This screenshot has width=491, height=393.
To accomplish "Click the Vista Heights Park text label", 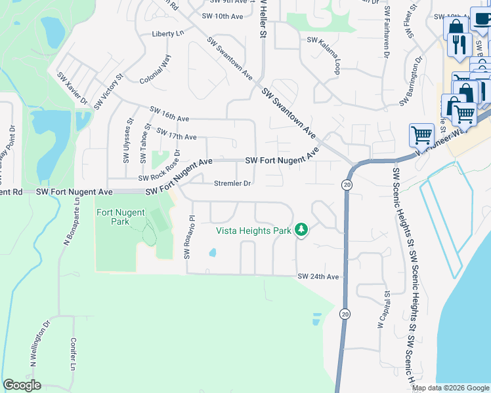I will pyautogui.click(x=253, y=230).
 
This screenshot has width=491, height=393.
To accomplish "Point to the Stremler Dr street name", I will pyautogui.click(x=232, y=184).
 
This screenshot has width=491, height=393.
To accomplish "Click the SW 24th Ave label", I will pyautogui.click(x=318, y=277).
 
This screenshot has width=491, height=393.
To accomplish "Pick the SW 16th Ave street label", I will pyautogui.click(x=169, y=113).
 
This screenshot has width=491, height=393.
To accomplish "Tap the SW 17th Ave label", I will pyautogui.click(x=177, y=133).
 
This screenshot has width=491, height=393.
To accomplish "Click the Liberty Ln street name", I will pyautogui.click(x=167, y=33).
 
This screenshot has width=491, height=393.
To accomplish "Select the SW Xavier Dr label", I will pyautogui.click(x=72, y=88).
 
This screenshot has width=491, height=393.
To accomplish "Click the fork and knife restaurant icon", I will pyautogui.click(x=457, y=45).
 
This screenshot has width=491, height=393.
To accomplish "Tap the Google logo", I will pyautogui.click(x=22, y=385).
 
